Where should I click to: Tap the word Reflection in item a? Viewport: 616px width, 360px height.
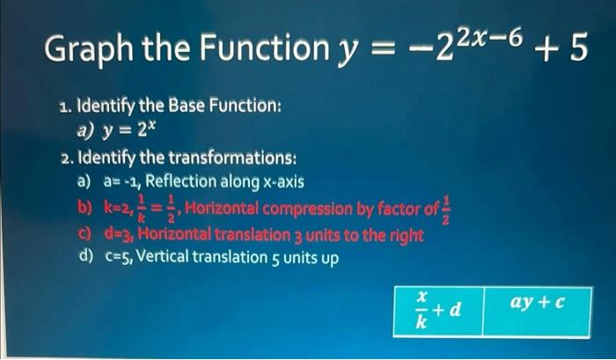182,183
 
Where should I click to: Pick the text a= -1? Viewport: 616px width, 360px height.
121,183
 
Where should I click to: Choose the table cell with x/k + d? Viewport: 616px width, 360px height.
437,311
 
